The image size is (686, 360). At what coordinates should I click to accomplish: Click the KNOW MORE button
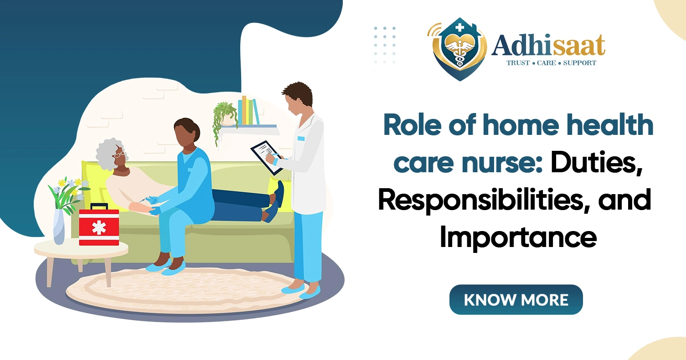pyautogui.click(x=516, y=299)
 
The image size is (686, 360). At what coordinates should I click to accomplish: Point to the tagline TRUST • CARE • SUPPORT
pyautogui.click(x=551, y=63)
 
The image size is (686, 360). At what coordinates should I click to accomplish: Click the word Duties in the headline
pyautogui.click(x=596, y=165)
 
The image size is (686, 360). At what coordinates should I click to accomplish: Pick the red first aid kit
pyautogui.click(x=99, y=227)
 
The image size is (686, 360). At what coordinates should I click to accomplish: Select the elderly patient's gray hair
pyautogui.click(x=107, y=153)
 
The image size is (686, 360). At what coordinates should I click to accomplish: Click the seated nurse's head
pyautogui.click(x=186, y=132)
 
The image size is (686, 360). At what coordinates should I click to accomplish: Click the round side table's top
pyautogui.click(x=81, y=249)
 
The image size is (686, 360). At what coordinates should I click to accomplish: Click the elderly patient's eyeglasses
pyautogui.click(x=119, y=154)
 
